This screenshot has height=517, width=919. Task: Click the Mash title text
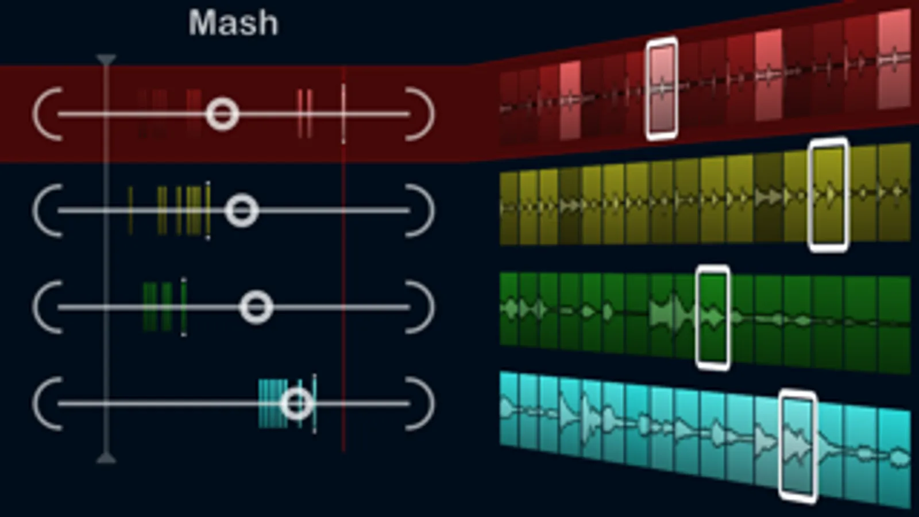pos(233,22)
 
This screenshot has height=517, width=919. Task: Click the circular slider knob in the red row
pos(222,114)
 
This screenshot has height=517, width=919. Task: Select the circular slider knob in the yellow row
pos(242,210)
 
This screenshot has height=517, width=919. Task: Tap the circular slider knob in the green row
pos(256,307)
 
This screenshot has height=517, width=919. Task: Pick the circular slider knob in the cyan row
pos(297,403)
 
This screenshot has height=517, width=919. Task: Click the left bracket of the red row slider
pos(47,114)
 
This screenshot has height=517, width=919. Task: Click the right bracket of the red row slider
pos(420,114)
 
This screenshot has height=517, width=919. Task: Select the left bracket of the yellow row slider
pos(47,210)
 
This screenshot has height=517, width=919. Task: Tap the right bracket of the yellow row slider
pos(420,210)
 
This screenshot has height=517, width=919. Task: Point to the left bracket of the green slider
pos(47,307)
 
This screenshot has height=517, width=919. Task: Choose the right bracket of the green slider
pos(420,307)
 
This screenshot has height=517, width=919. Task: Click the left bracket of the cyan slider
pos(47,404)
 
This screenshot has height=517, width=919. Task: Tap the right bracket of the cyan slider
pos(420,404)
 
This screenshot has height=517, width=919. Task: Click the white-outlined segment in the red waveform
pos(662,88)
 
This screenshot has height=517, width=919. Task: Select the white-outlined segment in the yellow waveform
pos(828,195)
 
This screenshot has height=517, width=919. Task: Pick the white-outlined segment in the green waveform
pos(713,318)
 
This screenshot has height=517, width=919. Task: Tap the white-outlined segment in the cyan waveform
pos(798,446)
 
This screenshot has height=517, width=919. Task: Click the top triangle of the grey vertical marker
pos(106,60)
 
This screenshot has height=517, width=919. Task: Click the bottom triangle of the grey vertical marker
pos(106,458)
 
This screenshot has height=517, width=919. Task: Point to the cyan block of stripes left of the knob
pos(273,404)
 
